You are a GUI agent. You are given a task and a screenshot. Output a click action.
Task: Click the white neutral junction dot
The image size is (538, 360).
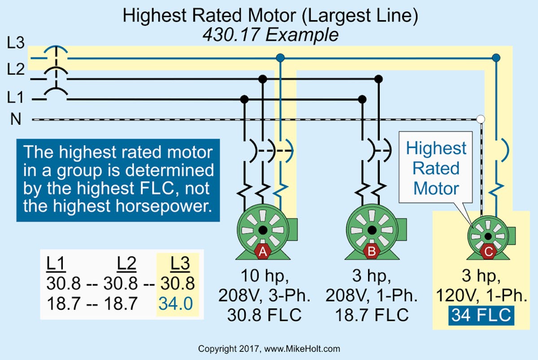point(481,119)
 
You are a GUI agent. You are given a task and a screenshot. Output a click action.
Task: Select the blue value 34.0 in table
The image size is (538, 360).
point(175,304)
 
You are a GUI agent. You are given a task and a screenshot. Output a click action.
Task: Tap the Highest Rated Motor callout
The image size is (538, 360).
point(436,168)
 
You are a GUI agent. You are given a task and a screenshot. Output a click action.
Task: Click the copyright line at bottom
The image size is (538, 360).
point(269,348)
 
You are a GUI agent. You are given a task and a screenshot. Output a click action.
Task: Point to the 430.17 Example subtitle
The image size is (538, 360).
point(270,35)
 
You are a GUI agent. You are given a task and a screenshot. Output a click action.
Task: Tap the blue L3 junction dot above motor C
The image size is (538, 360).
point(496,58)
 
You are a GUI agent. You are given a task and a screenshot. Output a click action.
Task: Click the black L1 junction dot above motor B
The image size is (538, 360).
point(362,99)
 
